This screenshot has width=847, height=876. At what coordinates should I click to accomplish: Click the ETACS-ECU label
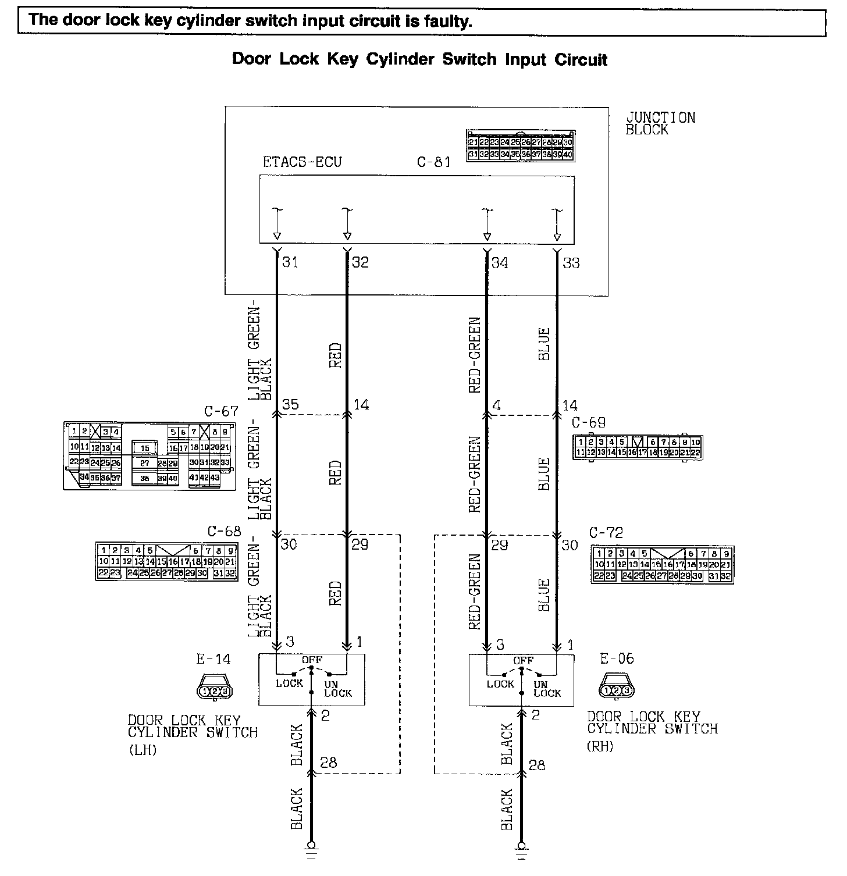(302, 162)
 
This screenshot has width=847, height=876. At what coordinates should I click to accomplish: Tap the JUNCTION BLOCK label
(660, 123)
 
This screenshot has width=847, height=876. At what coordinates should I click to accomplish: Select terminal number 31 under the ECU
(290, 262)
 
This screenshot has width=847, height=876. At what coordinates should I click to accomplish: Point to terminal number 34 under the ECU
(499, 263)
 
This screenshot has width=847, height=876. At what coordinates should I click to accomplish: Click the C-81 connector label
(433, 162)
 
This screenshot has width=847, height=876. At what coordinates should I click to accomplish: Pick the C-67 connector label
(221, 412)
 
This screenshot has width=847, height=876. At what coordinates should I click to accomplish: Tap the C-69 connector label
(588, 423)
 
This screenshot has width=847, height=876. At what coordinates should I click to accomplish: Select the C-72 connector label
(606, 532)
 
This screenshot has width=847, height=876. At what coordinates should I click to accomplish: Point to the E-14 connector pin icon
(214, 691)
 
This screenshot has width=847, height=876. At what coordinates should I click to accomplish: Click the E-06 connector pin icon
(617, 690)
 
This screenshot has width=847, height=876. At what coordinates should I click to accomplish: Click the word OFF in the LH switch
(312, 660)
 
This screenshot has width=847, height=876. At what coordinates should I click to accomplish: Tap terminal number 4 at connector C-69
(496, 404)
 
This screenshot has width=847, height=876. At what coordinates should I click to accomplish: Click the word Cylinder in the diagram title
(401, 59)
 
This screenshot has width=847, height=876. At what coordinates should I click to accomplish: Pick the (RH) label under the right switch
(600, 746)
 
